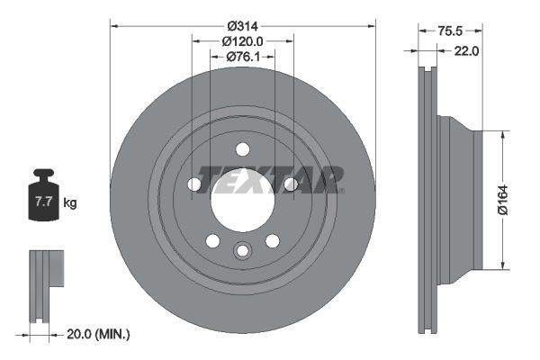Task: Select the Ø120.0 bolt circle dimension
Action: coord(242,41)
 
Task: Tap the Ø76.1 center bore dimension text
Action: coord(242,58)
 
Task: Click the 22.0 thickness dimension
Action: coord(465,51)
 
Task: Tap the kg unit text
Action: coord(69,203)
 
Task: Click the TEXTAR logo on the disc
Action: coord(270,179)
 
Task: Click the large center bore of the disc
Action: coord(242,199)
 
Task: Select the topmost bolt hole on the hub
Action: coord(242,149)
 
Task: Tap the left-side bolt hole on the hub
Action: coord(194,184)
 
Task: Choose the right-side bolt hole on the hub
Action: coord(290,184)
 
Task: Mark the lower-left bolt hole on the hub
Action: coord(212,240)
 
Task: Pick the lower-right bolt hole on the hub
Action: coord(272,240)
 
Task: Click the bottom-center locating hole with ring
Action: coord(242,252)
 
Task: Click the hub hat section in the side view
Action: coord(459,199)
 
